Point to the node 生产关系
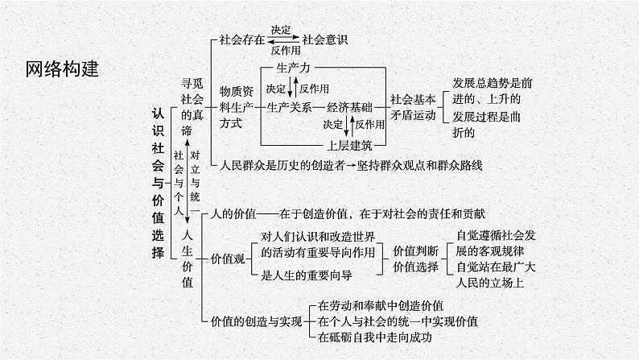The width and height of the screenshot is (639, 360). pyautogui.click(x=290, y=106)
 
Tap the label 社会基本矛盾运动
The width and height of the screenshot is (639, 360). pyautogui.click(x=413, y=107)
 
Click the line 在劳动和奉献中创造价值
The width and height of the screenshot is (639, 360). pyautogui.click(x=381, y=305)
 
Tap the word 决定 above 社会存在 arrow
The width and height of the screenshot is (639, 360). pyautogui.click(x=282, y=29)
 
